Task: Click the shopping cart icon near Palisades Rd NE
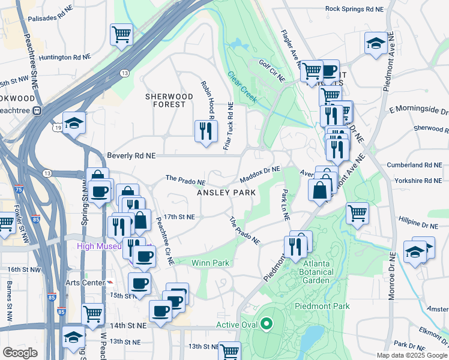[x=121, y=34]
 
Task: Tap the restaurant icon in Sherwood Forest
[x=205, y=130]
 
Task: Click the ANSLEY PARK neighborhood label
[x=227, y=193]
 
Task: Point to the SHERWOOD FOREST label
[x=169, y=100]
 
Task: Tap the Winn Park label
[x=210, y=263]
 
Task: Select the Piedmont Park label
[x=322, y=306]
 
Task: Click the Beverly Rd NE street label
[x=131, y=155]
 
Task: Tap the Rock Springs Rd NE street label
[x=354, y=9]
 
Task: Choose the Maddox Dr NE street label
[x=260, y=175]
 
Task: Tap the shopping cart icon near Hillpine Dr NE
[x=357, y=213]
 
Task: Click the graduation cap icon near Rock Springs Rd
[x=375, y=43]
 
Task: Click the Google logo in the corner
[x=20, y=353]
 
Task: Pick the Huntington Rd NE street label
[x=65, y=58]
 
